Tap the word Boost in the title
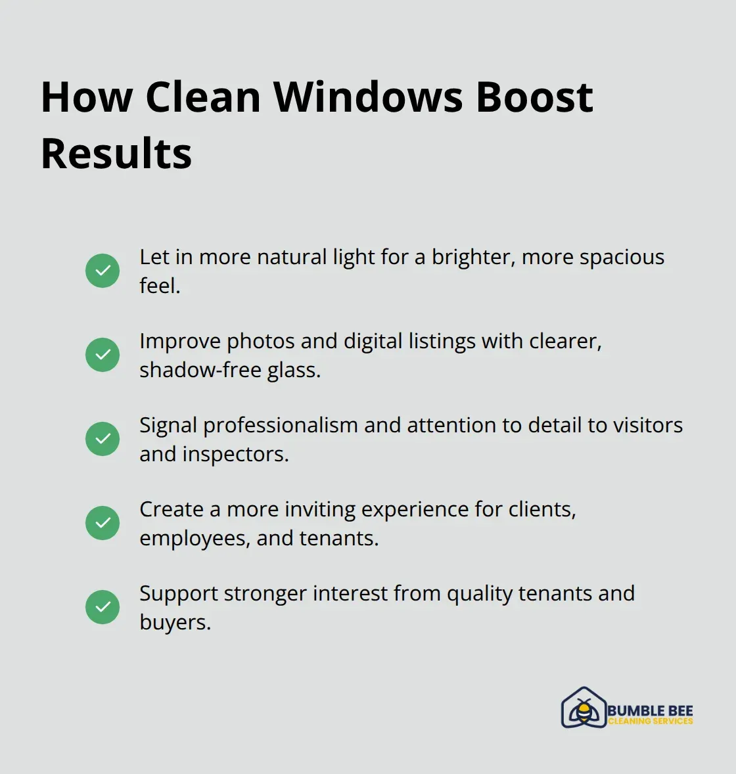[x=534, y=97]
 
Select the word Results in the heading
[x=116, y=154]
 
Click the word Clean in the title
[x=203, y=97]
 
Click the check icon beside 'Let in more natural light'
[x=103, y=271]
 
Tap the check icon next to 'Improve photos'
[x=103, y=355]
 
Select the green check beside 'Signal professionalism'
[x=103, y=439]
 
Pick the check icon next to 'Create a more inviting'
[x=103, y=523]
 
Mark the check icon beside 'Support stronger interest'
[x=103, y=607]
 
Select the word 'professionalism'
[x=281, y=426]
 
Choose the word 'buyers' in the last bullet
[x=175, y=623]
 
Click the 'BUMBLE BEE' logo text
[x=650, y=710]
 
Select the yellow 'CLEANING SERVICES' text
[x=650, y=721]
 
